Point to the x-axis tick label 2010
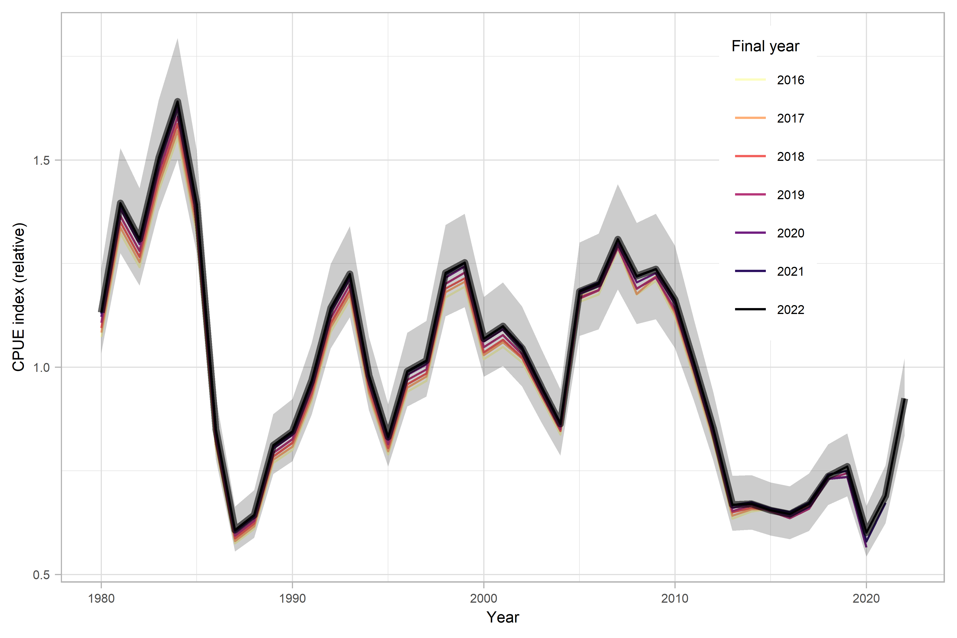pos(675,599)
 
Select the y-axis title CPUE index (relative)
pos(19,297)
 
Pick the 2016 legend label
pos(790,80)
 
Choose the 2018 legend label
pos(790,157)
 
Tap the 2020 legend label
pos(790,233)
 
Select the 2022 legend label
pos(790,310)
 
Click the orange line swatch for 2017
pos(750,118)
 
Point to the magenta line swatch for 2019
pos(750,195)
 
